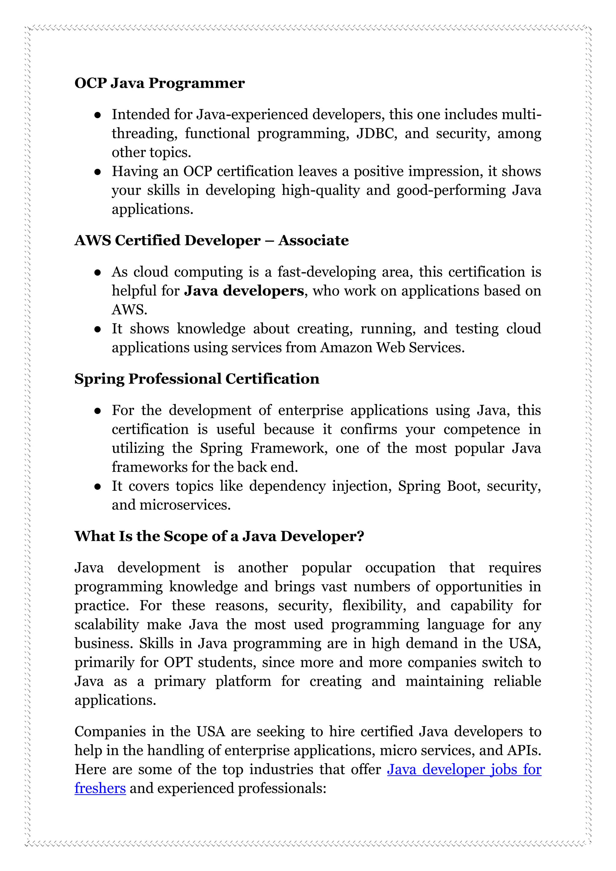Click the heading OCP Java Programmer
click(159, 83)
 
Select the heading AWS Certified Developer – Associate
click(211, 240)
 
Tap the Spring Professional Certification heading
click(196, 379)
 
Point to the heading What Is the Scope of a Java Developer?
click(219, 536)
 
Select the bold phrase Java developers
click(244, 291)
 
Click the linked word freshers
click(100, 788)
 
